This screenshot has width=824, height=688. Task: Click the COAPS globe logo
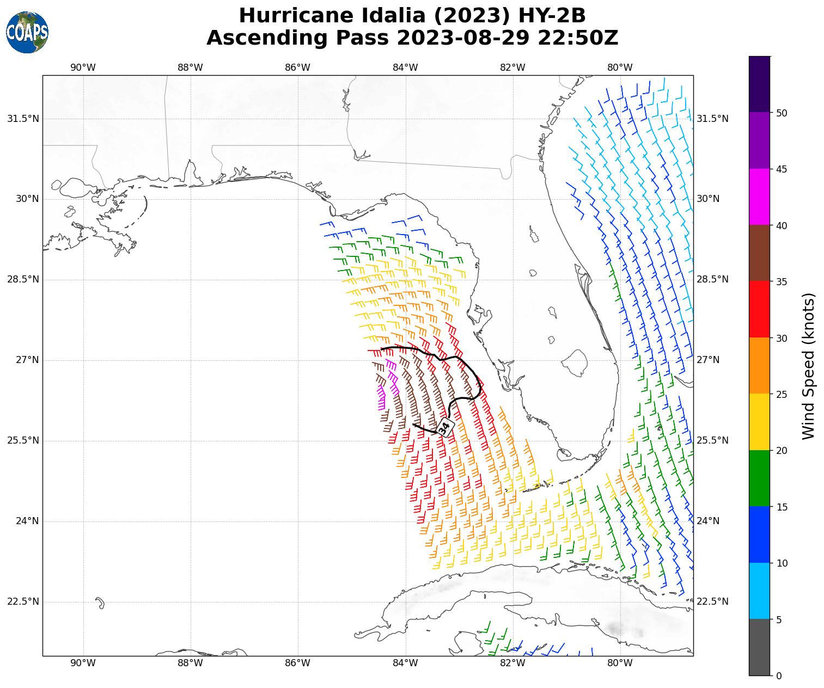click(27, 33)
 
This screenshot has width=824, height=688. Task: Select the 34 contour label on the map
click(444, 427)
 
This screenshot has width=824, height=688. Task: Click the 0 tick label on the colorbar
click(778, 676)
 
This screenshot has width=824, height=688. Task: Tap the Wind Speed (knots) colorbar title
click(809, 366)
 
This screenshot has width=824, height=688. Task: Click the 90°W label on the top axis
click(83, 67)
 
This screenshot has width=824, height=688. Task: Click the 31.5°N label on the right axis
click(712, 119)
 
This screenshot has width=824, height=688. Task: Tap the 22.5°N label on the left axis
click(23, 601)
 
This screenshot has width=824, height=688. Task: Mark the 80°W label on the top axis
click(620, 67)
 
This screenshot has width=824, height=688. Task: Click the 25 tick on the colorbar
click(782, 394)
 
